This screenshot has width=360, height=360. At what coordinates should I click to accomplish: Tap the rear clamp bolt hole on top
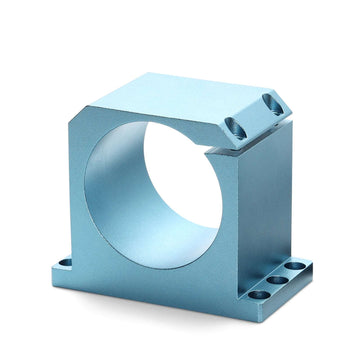click(270, 101)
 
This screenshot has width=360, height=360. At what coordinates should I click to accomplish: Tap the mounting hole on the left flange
click(65, 263)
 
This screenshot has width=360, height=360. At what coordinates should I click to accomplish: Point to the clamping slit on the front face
click(223, 153)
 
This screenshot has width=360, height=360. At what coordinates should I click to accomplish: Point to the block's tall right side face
click(265, 200)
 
